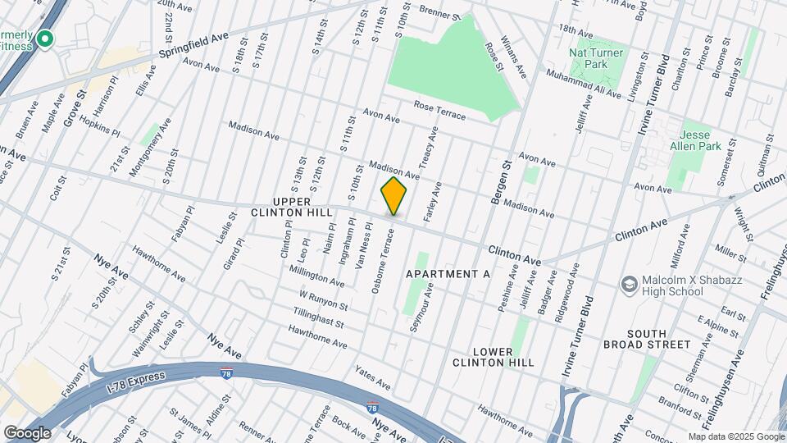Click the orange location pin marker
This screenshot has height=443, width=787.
click(x=393, y=195)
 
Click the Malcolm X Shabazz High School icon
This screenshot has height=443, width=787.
click(x=630, y=285)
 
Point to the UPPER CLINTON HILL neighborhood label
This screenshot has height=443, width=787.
click(x=293, y=208)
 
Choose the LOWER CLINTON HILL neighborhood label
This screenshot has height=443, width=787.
click(x=492, y=355)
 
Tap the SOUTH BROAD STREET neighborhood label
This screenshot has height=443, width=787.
click(x=659, y=339)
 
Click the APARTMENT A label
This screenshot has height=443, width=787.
click(x=448, y=274)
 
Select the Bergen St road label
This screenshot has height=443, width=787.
click(x=501, y=181)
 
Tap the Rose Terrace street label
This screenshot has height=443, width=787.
click(x=439, y=111)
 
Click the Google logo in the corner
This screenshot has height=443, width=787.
click(x=26, y=432)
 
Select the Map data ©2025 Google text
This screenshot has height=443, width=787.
click(x=736, y=436)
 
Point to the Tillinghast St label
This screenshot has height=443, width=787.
click(x=321, y=317)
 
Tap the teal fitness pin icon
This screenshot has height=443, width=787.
click(x=45, y=39)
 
